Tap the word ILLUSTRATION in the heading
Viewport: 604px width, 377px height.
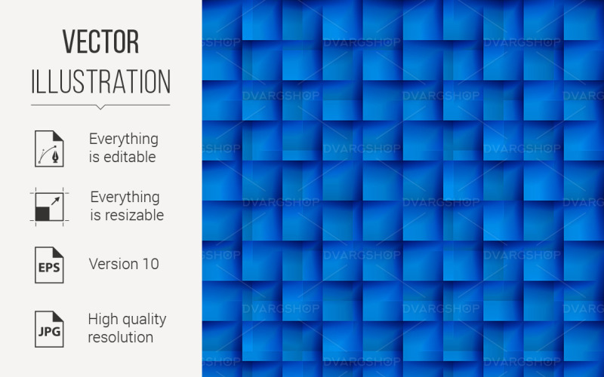coord(100,81)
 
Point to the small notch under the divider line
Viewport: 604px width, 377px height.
coord(100,107)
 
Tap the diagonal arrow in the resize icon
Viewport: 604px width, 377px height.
coord(55,201)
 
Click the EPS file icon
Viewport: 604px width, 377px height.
coord(48,264)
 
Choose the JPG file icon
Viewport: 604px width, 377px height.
coord(48,329)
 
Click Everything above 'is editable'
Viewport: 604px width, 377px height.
coord(124,139)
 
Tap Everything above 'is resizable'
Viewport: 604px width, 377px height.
coord(125,197)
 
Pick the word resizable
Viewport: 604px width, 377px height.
coord(134,216)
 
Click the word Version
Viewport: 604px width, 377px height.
coord(113,264)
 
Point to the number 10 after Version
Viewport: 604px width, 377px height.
coord(150,264)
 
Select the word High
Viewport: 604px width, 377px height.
coord(103,319)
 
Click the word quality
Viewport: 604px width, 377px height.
coord(144,320)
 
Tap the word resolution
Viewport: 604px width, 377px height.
coord(120,337)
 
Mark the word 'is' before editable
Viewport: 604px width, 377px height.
coord(94,158)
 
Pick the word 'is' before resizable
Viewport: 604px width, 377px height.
coord(96,216)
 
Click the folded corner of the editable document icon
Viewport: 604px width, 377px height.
coord(58,135)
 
